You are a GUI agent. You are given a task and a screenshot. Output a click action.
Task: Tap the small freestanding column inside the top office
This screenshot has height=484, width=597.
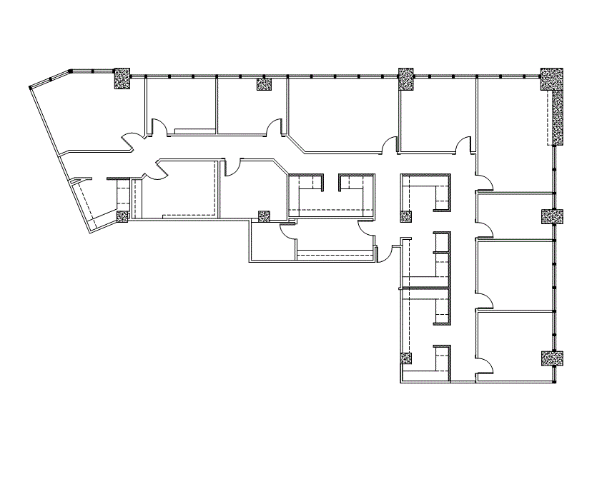point(265,85)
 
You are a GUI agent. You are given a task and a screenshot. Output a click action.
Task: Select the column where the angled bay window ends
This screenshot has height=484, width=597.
point(122,77)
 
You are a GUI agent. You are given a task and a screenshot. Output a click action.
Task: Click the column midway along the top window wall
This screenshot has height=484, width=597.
point(406,78)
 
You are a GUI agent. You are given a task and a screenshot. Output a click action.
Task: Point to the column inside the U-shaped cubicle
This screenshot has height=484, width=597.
point(407,217)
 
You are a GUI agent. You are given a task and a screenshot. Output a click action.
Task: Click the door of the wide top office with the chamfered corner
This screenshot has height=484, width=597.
point(389,145)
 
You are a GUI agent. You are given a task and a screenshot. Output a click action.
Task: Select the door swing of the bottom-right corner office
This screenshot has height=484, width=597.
point(484,365)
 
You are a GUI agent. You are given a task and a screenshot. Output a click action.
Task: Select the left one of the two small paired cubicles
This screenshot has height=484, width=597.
point(305,193)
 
